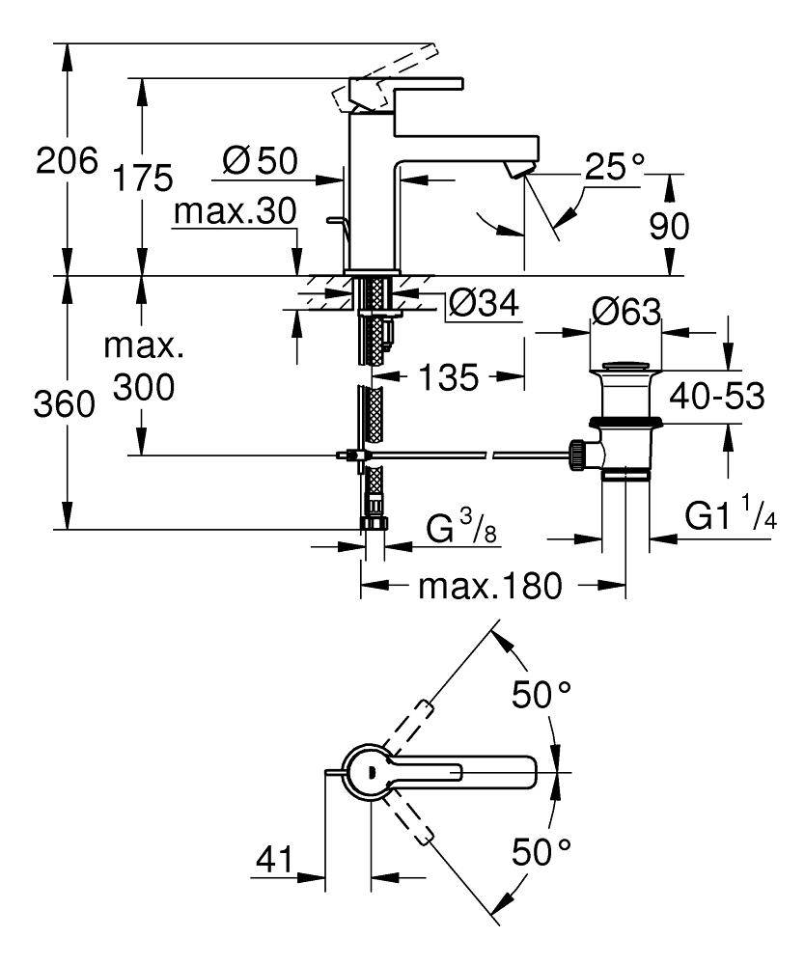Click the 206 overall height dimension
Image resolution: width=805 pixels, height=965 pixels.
pyautogui.click(x=67, y=160)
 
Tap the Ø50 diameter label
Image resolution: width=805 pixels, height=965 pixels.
pyautogui.click(x=260, y=161)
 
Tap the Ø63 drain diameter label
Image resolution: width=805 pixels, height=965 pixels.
pyautogui.click(x=626, y=312)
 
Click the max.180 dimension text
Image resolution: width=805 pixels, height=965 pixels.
pyautogui.click(x=489, y=586)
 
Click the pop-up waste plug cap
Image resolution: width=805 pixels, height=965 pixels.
pyautogui.click(x=625, y=368)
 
